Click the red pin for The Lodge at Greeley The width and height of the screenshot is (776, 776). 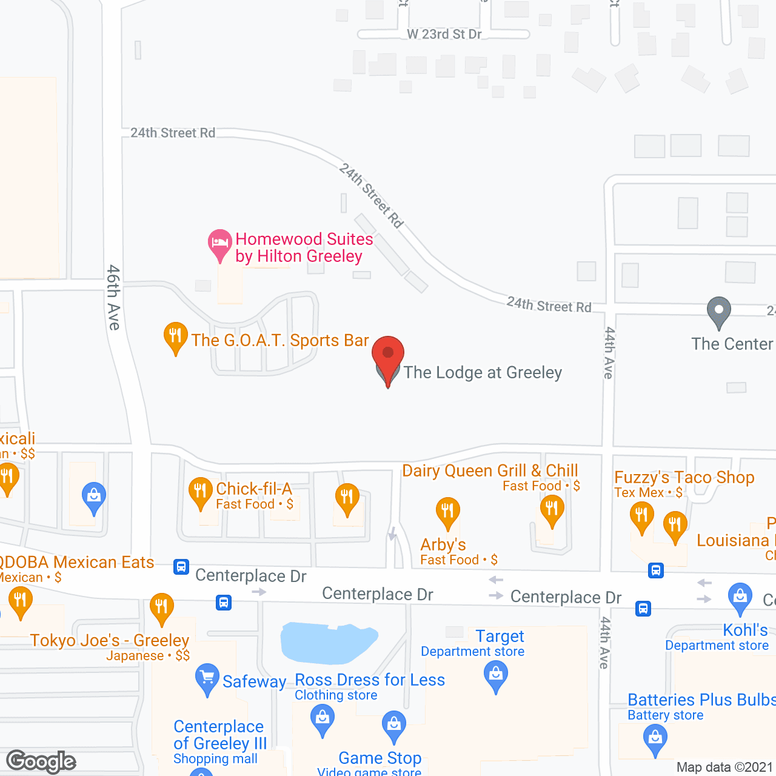coord(388,358)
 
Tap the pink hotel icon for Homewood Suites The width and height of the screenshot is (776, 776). coord(219,244)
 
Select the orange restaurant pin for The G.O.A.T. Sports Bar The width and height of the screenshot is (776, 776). coord(175,336)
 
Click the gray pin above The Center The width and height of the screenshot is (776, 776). coord(718,311)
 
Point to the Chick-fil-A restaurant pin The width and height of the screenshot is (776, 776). coord(200,492)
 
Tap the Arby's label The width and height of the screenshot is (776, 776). coord(443,544)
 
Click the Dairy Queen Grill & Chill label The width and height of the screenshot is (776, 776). coord(490,470)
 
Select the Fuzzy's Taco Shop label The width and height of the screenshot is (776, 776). coord(684,478)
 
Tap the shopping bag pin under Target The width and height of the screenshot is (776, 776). coord(496,675)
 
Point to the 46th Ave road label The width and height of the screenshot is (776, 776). coord(113,297)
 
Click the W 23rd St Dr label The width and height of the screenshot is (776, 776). coord(444,34)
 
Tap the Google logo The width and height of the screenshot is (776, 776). coord(41,761)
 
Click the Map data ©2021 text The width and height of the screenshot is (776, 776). coord(724,768)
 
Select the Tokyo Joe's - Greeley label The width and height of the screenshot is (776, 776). coord(110,640)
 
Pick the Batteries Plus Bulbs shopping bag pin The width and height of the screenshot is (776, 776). coord(655,740)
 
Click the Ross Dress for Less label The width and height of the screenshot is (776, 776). coord(370,680)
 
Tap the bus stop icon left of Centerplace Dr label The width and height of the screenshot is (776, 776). coord(181,567)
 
